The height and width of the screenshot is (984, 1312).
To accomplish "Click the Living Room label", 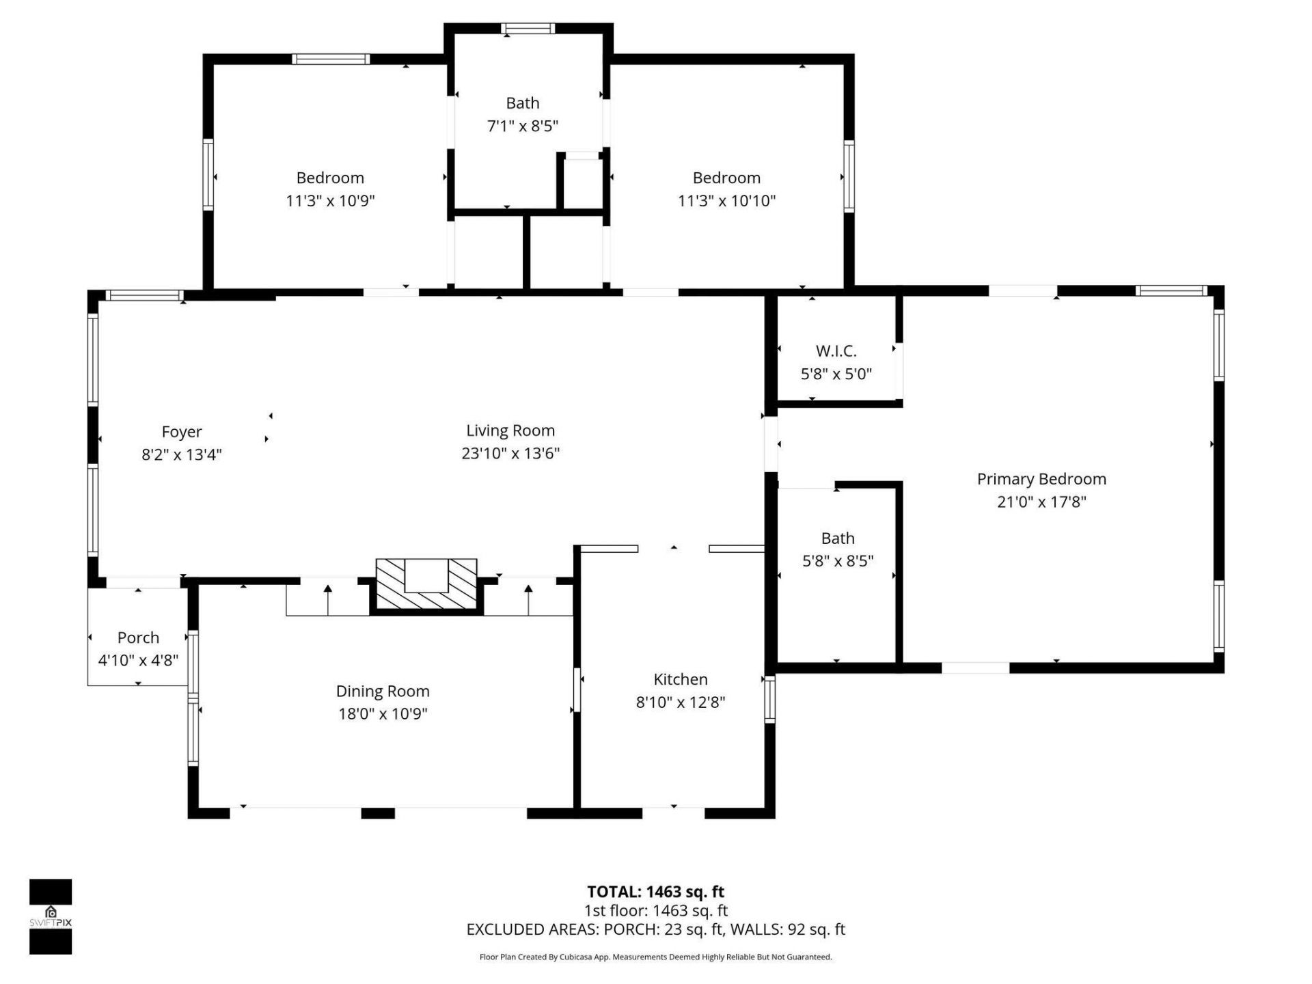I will pyautogui.click(x=510, y=430).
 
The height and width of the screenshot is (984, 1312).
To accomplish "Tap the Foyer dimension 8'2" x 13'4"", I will pyautogui.click(x=181, y=454).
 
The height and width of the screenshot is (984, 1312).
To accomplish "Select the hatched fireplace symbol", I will pyautogui.click(x=426, y=584).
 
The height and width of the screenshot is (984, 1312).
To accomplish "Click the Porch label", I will pyautogui.click(x=138, y=638).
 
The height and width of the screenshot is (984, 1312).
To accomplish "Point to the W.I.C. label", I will pyautogui.click(x=836, y=351).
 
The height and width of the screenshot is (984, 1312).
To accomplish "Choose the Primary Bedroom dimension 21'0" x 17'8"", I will pyautogui.click(x=1041, y=502).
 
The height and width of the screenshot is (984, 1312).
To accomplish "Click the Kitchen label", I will pyautogui.click(x=680, y=679).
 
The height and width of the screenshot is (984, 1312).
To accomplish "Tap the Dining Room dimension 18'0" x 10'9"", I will pyautogui.click(x=383, y=714).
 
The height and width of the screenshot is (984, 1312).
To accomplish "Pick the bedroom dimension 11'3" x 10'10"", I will pyautogui.click(x=726, y=201).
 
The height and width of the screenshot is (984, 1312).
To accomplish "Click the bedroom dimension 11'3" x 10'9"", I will pyautogui.click(x=330, y=201).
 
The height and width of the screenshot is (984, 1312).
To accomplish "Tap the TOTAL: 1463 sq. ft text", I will pyautogui.click(x=655, y=892).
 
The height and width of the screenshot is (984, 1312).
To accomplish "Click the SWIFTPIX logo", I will pyautogui.click(x=51, y=916).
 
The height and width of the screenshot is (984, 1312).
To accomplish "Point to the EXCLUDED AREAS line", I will pyautogui.click(x=655, y=929).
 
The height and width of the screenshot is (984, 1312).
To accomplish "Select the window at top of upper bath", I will pyautogui.click(x=528, y=29).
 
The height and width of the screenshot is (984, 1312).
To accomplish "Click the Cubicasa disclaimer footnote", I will pyautogui.click(x=655, y=957).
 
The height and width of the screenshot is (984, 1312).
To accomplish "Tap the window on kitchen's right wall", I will pyautogui.click(x=769, y=699).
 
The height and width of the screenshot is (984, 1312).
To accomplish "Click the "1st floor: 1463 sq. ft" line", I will pyautogui.click(x=655, y=911).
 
